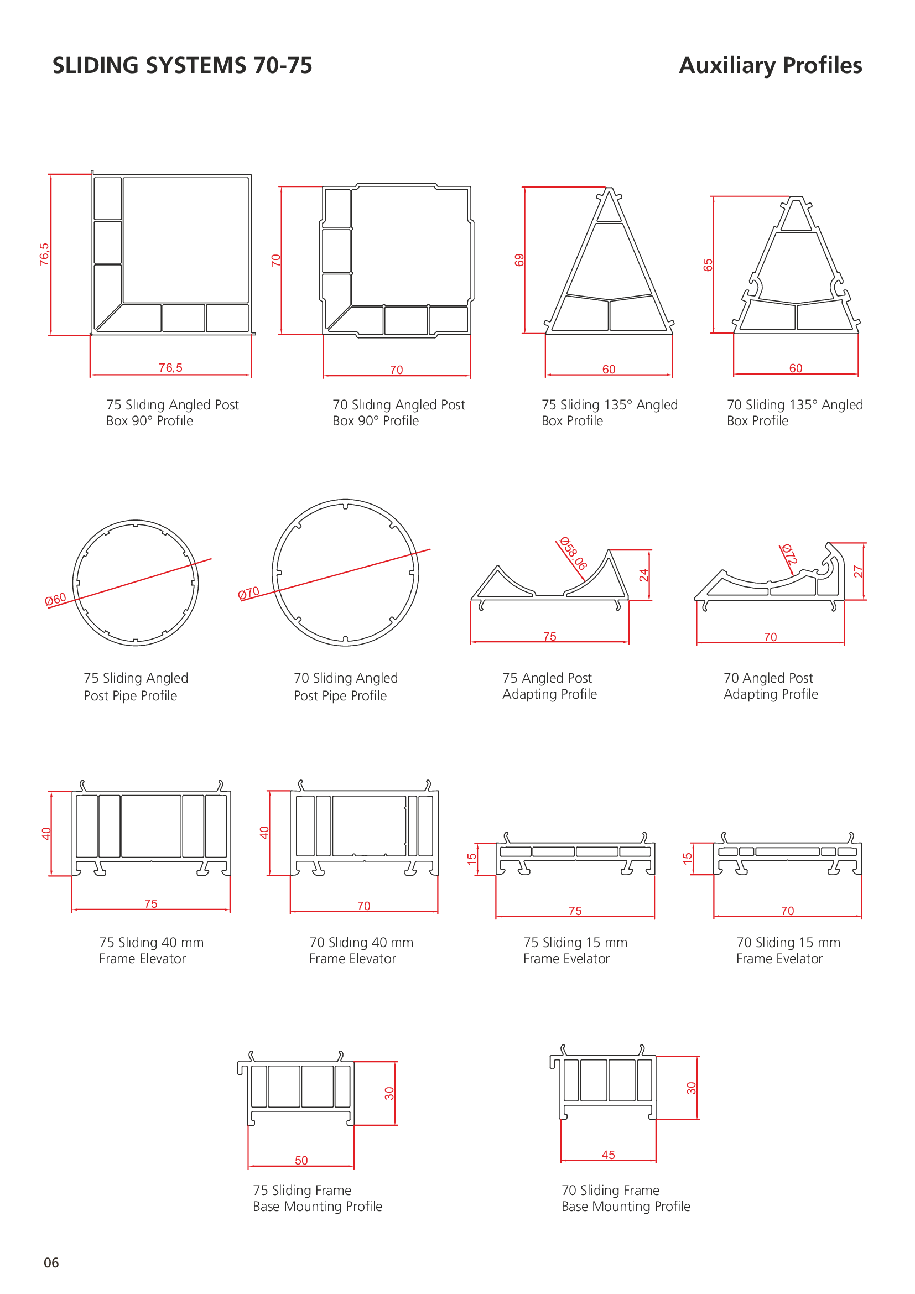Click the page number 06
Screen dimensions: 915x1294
click(51, 1262)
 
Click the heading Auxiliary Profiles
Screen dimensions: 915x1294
click(770, 65)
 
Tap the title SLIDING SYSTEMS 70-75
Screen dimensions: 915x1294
click(183, 65)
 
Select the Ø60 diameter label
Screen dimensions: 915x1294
click(56, 599)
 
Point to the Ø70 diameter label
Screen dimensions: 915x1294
click(248, 593)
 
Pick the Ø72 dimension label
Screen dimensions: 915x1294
click(789, 554)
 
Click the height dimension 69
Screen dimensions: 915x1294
click(519, 260)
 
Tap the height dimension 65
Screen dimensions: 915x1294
click(708, 265)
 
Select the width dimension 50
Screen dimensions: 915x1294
click(301, 1161)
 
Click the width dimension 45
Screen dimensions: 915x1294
click(609, 1155)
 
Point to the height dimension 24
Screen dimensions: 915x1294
click(644, 575)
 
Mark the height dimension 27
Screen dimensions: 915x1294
click(859, 571)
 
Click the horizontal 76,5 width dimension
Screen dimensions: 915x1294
click(171, 368)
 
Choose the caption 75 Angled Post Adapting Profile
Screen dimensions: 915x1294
click(550, 686)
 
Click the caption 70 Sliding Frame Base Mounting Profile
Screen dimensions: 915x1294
click(626, 1198)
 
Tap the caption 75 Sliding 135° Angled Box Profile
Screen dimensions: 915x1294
click(610, 413)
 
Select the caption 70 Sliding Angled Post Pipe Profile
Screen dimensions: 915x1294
click(346, 687)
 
